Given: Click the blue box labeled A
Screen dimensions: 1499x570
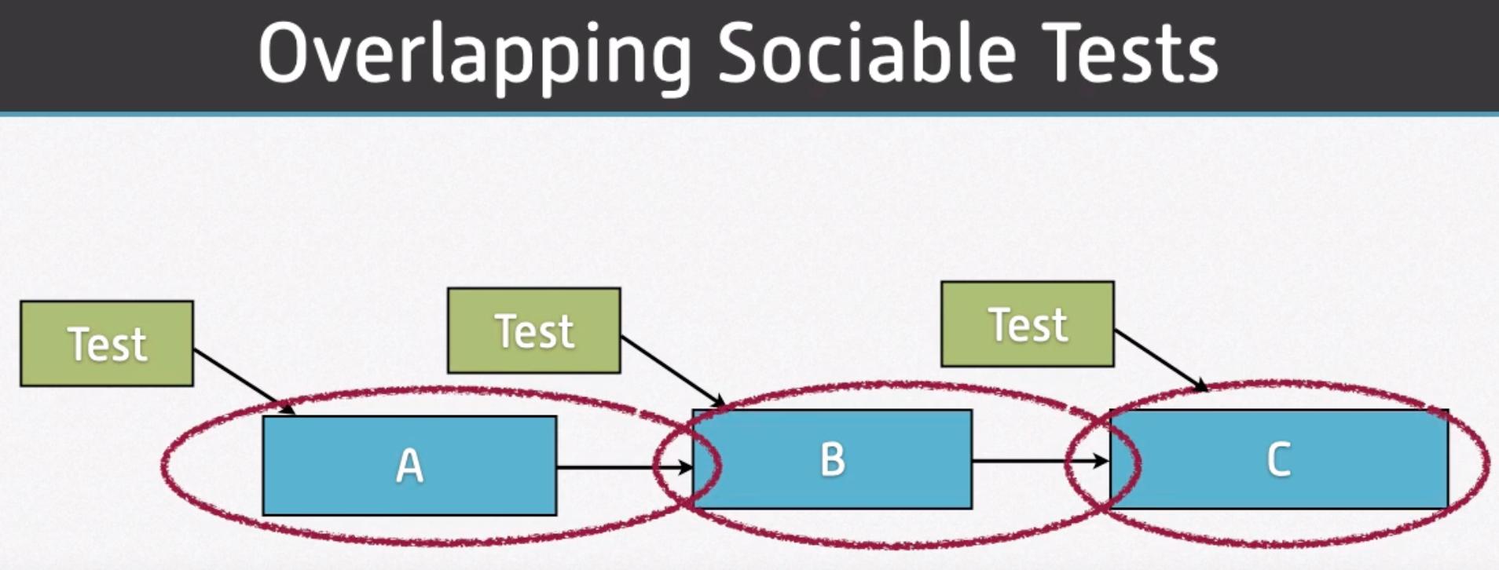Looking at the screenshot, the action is click(x=409, y=466).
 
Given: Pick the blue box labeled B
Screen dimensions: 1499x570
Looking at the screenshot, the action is click(x=832, y=459).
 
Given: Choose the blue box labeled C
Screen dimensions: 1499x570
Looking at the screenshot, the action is click(x=1278, y=459).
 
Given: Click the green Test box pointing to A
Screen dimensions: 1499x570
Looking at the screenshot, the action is click(x=107, y=344).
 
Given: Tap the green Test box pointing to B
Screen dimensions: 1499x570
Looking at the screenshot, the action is click(x=534, y=331).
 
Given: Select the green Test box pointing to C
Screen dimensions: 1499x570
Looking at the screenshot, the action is click(x=1028, y=324).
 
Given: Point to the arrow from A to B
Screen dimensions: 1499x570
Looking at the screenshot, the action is click(x=625, y=468).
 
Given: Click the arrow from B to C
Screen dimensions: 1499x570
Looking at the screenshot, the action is click(x=1041, y=461).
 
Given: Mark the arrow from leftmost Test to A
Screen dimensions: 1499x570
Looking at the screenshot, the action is click(x=244, y=382).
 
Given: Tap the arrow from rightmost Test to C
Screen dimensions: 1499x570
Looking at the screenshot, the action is click(x=1161, y=360).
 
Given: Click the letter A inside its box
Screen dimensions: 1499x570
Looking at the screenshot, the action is click(x=409, y=466).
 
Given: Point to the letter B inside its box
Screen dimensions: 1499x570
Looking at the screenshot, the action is click(x=833, y=459).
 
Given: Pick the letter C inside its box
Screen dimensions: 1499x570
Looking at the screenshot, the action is click(x=1279, y=459).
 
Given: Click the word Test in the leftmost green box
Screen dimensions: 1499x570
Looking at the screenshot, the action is click(x=108, y=345).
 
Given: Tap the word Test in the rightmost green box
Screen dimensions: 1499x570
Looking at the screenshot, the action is click(x=1028, y=325).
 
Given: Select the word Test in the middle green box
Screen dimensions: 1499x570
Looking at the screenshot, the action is click(x=535, y=331).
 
